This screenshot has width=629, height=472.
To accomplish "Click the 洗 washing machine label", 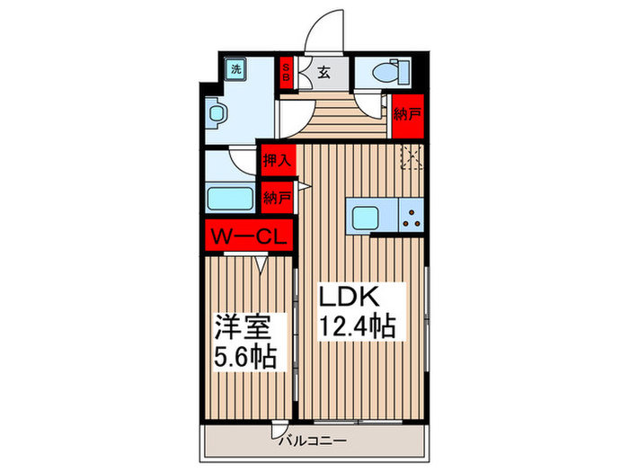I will pyautogui.click(x=235, y=69).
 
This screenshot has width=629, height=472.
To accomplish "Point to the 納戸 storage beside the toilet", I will pyautogui.click(x=408, y=114).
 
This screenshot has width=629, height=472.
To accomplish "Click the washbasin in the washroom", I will pyautogui.click(x=219, y=114).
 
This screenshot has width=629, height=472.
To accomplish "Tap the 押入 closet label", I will pyautogui.click(x=277, y=161).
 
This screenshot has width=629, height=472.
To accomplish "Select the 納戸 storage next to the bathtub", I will pyautogui.click(x=277, y=198).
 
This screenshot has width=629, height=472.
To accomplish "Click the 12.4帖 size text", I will pyautogui.click(x=359, y=325).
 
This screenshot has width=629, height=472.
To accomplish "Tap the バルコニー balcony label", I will pyautogui.click(x=311, y=441).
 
